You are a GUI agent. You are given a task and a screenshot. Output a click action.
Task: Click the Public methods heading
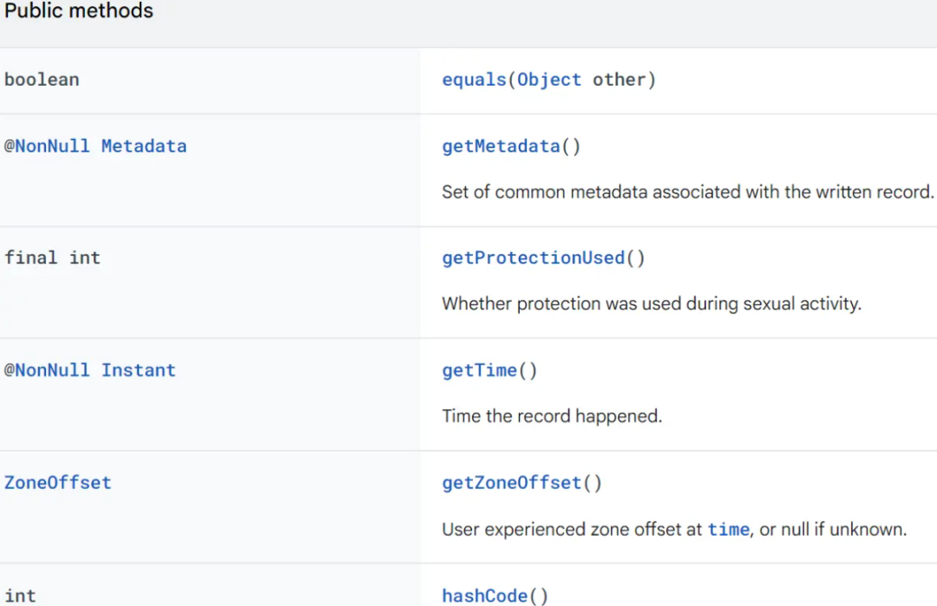[x=78, y=10]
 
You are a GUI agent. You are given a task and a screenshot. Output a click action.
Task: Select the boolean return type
[x=42, y=80]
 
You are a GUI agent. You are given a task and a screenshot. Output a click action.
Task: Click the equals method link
[x=474, y=80]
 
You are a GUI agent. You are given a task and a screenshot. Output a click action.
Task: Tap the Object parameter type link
[x=549, y=80]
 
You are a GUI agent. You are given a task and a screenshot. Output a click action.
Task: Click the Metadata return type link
[x=144, y=147]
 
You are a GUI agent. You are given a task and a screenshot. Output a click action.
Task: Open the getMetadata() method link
[x=511, y=147]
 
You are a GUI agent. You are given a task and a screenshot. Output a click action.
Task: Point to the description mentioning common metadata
[x=687, y=192]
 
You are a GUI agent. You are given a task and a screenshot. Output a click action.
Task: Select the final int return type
[x=53, y=258]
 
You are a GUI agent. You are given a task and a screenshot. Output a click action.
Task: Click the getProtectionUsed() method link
[x=543, y=258]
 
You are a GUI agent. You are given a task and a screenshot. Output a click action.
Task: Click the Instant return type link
[x=139, y=370]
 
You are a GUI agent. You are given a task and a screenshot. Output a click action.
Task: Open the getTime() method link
[x=489, y=371]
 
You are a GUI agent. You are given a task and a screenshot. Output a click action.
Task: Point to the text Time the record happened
[x=552, y=416]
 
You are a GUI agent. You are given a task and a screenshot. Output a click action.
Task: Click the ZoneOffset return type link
[x=58, y=482]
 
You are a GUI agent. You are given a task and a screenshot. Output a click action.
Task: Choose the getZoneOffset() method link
[x=521, y=482]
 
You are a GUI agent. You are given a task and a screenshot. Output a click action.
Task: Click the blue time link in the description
[x=729, y=530]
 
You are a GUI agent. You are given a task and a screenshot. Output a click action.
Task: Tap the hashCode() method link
[x=495, y=596]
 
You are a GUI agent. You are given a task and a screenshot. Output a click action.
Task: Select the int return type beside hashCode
[x=20, y=596]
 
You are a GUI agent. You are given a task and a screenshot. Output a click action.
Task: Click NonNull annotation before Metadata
[x=47, y=147]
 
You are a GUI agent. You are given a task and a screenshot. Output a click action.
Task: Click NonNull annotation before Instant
[x=47, y=370]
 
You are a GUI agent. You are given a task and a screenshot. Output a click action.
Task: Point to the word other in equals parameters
[x=619, y=80]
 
